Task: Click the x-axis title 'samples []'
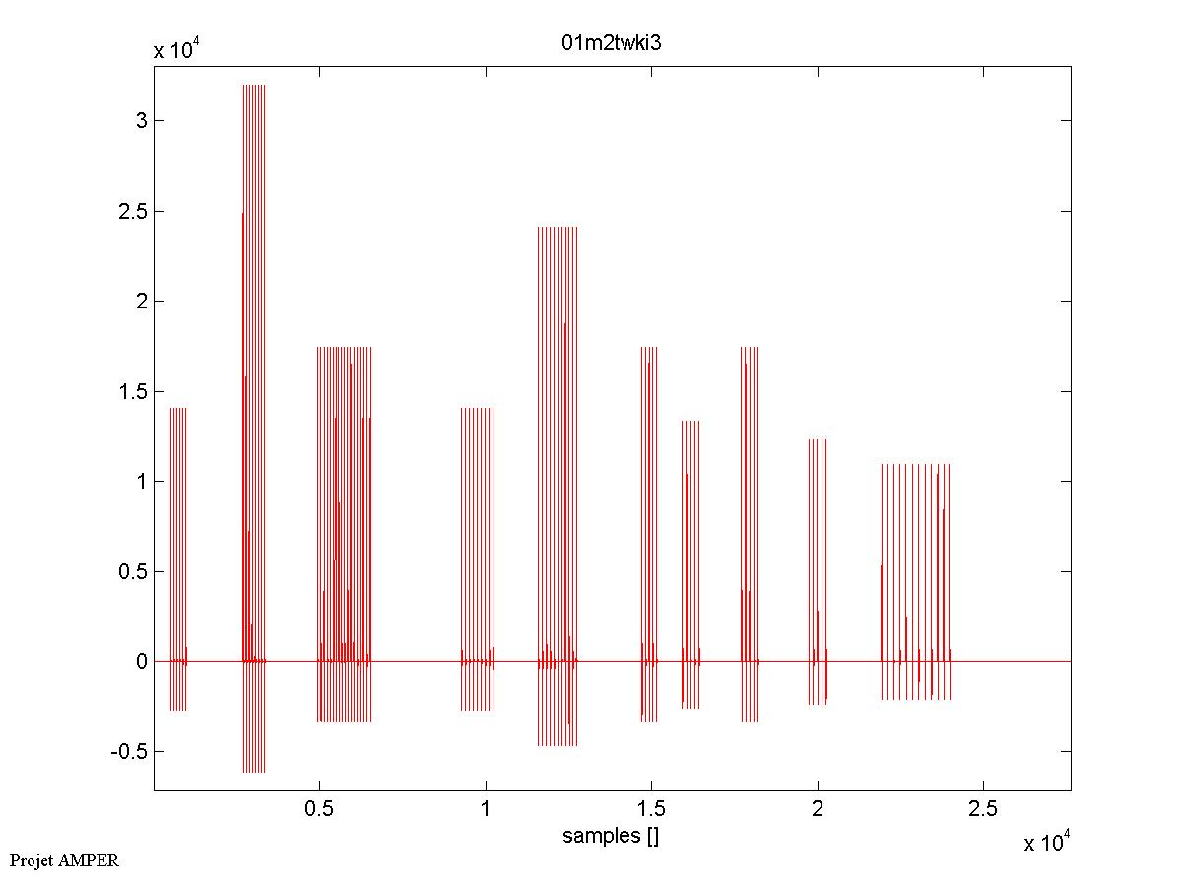(x=611, y=837)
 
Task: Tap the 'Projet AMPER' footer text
(x=64, y=860)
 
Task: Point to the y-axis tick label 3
(x=141, y=121)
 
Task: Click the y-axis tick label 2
(x=141, y=302)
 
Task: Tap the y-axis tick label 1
(x=141, y=482)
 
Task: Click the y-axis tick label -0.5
(x=129, y=752)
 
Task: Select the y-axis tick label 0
(x=141, y=661)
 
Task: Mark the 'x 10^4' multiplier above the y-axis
(x=178, y=51)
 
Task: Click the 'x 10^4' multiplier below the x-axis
(x=1048, y=843)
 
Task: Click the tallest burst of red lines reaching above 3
(x=254, y=296)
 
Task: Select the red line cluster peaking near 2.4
(x=558, y=394)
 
